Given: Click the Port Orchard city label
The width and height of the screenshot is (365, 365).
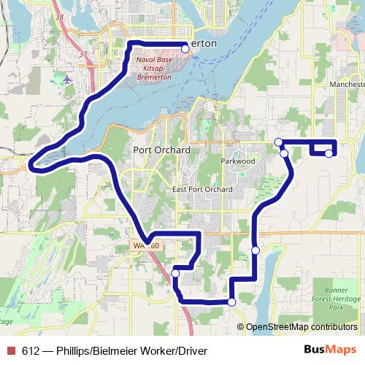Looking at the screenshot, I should [x=161, y=150].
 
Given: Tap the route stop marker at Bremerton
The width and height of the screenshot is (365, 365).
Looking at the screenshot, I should [x=185, y=49].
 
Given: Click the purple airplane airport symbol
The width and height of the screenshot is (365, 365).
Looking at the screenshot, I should [x=68, y=79].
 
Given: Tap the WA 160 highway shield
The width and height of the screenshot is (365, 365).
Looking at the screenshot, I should [x=145, y=246].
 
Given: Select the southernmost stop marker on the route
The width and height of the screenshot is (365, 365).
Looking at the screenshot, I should [x=232, y=301].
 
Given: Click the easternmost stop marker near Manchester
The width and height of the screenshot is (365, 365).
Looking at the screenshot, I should [x=328, y=153].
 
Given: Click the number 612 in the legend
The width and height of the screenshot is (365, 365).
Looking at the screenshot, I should [x=31, y=350].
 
